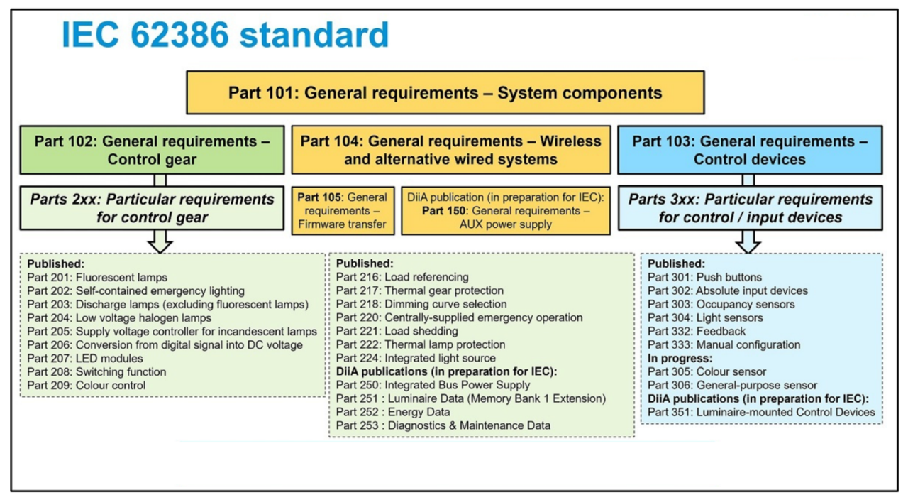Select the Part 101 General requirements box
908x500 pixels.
tap(445, 93)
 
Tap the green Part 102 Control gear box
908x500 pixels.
tap(152, 150)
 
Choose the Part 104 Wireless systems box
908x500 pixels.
tap(450, 150)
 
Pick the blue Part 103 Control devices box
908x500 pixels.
tap(749, 150)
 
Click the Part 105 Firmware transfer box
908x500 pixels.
tap(343, 211)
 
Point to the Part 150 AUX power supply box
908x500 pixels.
tap(505, 211)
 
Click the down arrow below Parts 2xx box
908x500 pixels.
tap(160, 242)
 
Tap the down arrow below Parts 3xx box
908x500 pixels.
tap(748, 242)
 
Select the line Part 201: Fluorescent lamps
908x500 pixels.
tap(97, 277)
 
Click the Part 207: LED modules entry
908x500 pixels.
tap(85, 358)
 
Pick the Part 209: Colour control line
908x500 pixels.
tap(87, 385)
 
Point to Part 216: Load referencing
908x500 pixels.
tap(402, 277)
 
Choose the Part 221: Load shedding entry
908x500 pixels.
tap(397, 331)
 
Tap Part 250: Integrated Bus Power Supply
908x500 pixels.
tap(433, 385)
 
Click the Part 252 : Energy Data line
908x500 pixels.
tap(393, 412)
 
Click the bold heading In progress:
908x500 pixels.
tap(680, 358)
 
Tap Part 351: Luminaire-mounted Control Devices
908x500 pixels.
tap(761, 412)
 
